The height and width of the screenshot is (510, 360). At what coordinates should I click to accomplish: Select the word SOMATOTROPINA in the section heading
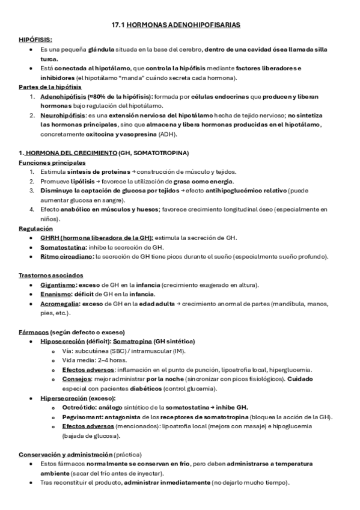(x=162, y=153)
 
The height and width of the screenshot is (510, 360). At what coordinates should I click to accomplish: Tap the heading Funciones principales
(x=52, y=162)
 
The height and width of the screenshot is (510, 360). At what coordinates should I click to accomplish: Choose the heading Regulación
(x=35, y=229)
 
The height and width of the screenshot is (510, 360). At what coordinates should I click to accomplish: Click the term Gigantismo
(x=58, y=284)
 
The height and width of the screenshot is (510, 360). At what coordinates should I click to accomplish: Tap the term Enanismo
(x=55, y=294)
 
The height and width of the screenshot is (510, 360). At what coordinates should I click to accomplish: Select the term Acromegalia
(x=59, y=304)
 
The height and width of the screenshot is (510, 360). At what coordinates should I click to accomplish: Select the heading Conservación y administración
(x=66, y=455)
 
